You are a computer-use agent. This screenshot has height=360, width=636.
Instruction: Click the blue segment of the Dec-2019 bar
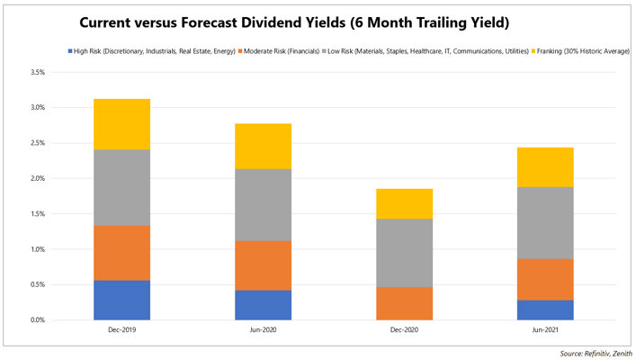click(121, 300)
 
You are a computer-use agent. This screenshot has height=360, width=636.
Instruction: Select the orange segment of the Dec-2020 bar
click(404, 303)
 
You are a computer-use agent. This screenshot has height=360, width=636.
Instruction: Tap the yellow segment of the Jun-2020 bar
click(263, 146)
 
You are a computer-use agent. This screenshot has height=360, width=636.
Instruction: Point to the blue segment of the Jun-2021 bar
click(545, 310)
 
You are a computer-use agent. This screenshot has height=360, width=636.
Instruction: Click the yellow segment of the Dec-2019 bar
click(121, 124)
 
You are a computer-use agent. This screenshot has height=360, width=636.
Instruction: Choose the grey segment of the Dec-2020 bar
click(404, 253)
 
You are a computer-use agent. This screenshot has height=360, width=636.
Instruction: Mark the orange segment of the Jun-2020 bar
click(263, 265)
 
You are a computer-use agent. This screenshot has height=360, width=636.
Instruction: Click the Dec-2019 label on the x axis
click(121, 330)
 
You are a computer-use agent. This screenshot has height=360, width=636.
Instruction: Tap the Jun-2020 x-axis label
click(263, 330)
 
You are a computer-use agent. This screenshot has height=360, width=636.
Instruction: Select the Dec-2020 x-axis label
click(404, 330)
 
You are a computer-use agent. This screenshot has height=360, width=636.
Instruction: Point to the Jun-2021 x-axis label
click(545, 330)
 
